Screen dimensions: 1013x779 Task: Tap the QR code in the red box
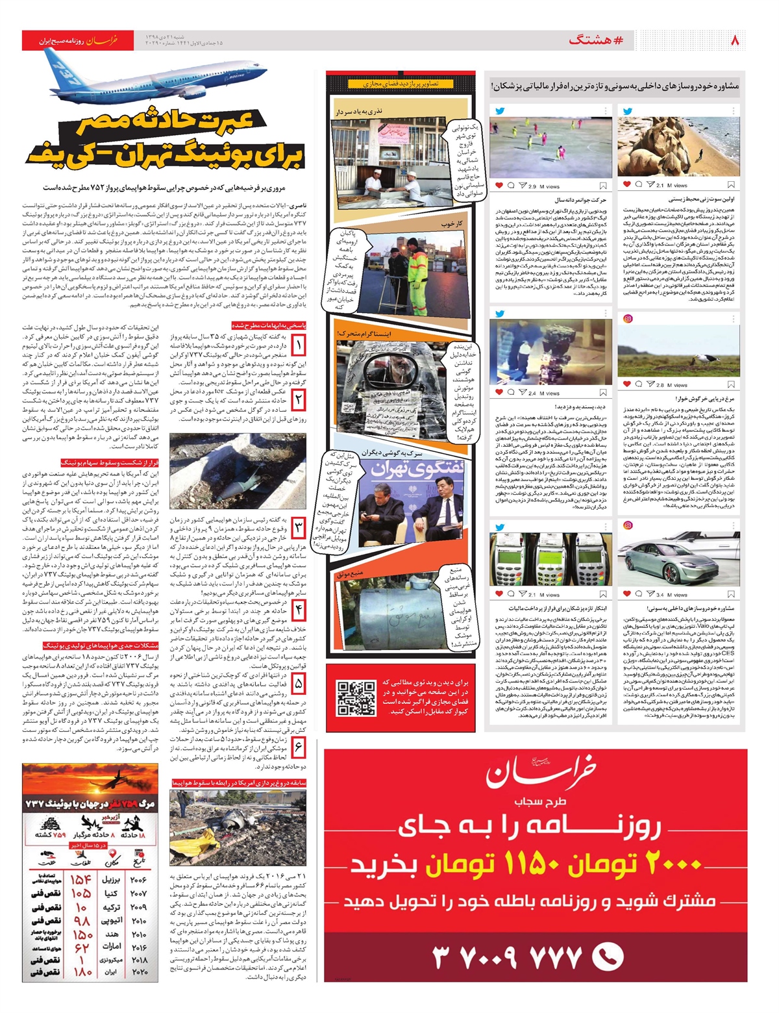(356, 697)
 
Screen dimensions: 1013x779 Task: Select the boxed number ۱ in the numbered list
(298, 344)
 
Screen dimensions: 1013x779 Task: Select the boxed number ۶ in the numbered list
(298, 747)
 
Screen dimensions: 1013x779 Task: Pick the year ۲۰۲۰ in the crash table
(139, 972)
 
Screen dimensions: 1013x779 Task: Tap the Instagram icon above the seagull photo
(628, 318)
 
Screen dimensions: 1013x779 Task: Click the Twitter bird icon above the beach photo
(628, 111)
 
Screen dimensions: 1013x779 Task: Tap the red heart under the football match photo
(499, 186)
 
